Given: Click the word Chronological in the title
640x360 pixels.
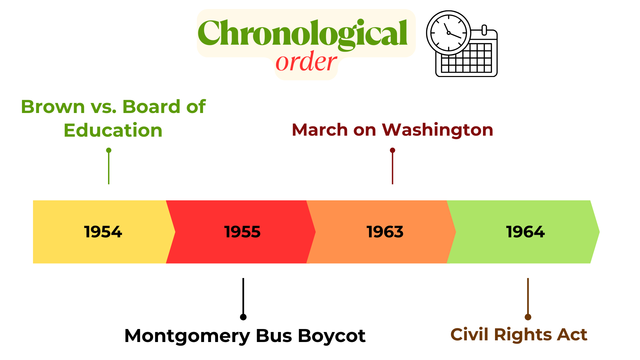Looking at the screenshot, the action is [x=303, y=33].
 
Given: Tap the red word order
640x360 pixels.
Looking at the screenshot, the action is [x=306, y=62].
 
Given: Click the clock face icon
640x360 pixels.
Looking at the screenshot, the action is [x=449, y=33].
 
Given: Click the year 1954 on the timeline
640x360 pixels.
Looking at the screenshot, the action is [x=103, y=232].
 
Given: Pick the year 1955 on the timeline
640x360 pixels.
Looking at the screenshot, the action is [x=242, y=232].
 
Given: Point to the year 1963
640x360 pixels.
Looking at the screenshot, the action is [x=385, y=232].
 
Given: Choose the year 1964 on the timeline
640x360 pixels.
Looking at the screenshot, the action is [x=525, y=232].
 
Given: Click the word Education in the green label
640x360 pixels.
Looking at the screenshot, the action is [x=113, y=130].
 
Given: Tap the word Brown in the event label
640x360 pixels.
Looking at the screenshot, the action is [x=53, y=107].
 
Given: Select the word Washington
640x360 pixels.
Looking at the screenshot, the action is [x=438, y=130].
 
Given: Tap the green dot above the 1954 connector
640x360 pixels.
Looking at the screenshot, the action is [x=109, y=150].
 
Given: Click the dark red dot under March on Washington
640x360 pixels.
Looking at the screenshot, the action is [x=393, y=150].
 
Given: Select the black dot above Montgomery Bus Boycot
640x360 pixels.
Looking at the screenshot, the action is [x=243, y=317].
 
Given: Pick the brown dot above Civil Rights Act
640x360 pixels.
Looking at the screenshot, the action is [x=528, y=317].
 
